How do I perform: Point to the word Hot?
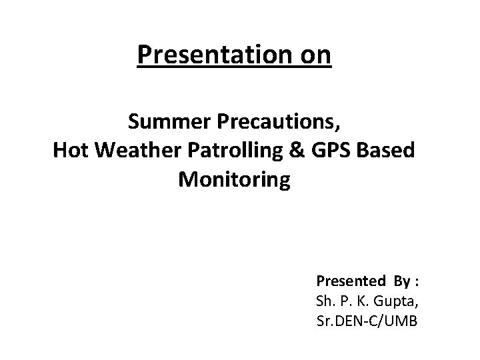tap(71, 151)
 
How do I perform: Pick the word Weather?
tap(137, 151)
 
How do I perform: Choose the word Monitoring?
tap(234, 180)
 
